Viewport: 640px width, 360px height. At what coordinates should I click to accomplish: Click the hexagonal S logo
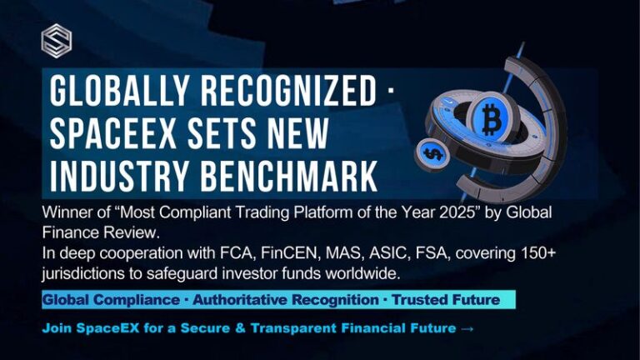point(57,41)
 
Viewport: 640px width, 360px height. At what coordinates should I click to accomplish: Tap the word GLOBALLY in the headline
point(119,91)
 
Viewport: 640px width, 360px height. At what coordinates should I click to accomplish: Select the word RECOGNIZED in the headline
point(288,91)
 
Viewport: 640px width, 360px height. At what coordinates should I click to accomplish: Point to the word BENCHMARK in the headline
point(288,176)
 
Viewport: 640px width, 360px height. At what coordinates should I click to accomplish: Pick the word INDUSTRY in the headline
point(119,176)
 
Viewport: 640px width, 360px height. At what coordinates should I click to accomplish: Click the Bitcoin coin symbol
point(491,119)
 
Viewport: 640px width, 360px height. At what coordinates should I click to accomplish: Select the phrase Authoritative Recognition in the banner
point(286,300)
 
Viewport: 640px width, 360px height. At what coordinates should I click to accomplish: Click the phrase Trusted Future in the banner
point(446,300)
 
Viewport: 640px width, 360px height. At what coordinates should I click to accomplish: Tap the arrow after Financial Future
point(467,328)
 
